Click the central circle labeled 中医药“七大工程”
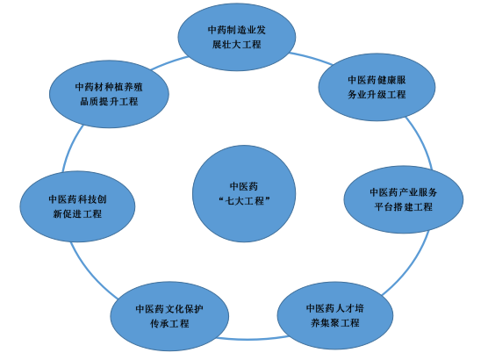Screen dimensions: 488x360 tap(244, 193)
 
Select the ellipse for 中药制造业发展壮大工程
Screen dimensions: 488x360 tap(237, 37)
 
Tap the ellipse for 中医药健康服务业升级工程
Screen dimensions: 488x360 tap(377, 87)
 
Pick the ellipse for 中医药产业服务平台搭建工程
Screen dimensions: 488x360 tap(404, 199)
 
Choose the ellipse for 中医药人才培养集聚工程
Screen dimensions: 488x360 tap(335, 315)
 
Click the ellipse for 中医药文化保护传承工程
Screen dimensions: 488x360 tap(169, 316)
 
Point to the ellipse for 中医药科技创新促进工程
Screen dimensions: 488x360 tap(77, 206)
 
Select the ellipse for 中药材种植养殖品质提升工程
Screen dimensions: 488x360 tap(109, 94)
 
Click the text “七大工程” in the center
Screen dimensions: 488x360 tap(244, 201)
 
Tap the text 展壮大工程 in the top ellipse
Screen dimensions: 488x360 tap(236, 45)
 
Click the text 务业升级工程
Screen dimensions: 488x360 tap(377, 94)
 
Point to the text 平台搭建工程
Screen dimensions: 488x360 tap(404, 207)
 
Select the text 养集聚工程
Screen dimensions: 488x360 tap(335, 323)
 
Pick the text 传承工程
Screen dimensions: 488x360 tap(169, 324)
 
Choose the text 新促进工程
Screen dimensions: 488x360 tap(77, 214)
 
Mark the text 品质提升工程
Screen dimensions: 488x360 tap(109, 102)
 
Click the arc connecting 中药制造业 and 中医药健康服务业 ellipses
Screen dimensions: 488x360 tap(312, 58)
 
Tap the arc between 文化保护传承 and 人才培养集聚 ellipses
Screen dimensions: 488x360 tap(253, 339)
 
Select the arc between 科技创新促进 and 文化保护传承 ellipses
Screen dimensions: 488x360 tap(91, 272)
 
